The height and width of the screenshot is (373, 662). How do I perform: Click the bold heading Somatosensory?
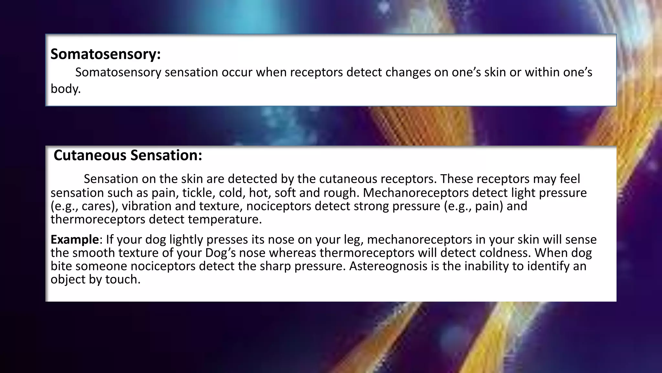(x=105, y=54)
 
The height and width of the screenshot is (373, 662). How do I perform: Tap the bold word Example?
(x=74, y=240)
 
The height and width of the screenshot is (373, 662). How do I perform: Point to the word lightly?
(x=186, y=240)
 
